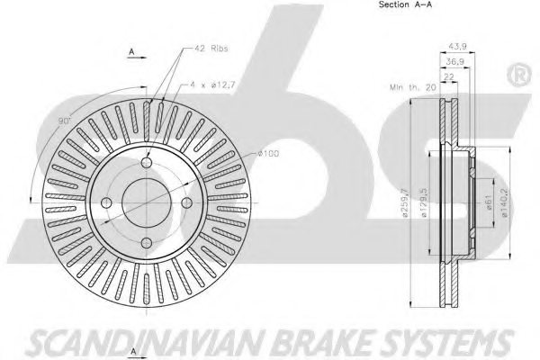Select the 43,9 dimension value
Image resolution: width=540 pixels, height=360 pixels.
pos(458,48)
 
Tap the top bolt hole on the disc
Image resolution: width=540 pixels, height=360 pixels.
pos(147,163)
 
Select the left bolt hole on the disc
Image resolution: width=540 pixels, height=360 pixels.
pos(106,203)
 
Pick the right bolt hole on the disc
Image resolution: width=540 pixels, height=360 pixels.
pos(187,203)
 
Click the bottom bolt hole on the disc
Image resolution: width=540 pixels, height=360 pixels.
pos(147,244)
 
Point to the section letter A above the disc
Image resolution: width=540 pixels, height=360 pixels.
pos(131,53)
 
